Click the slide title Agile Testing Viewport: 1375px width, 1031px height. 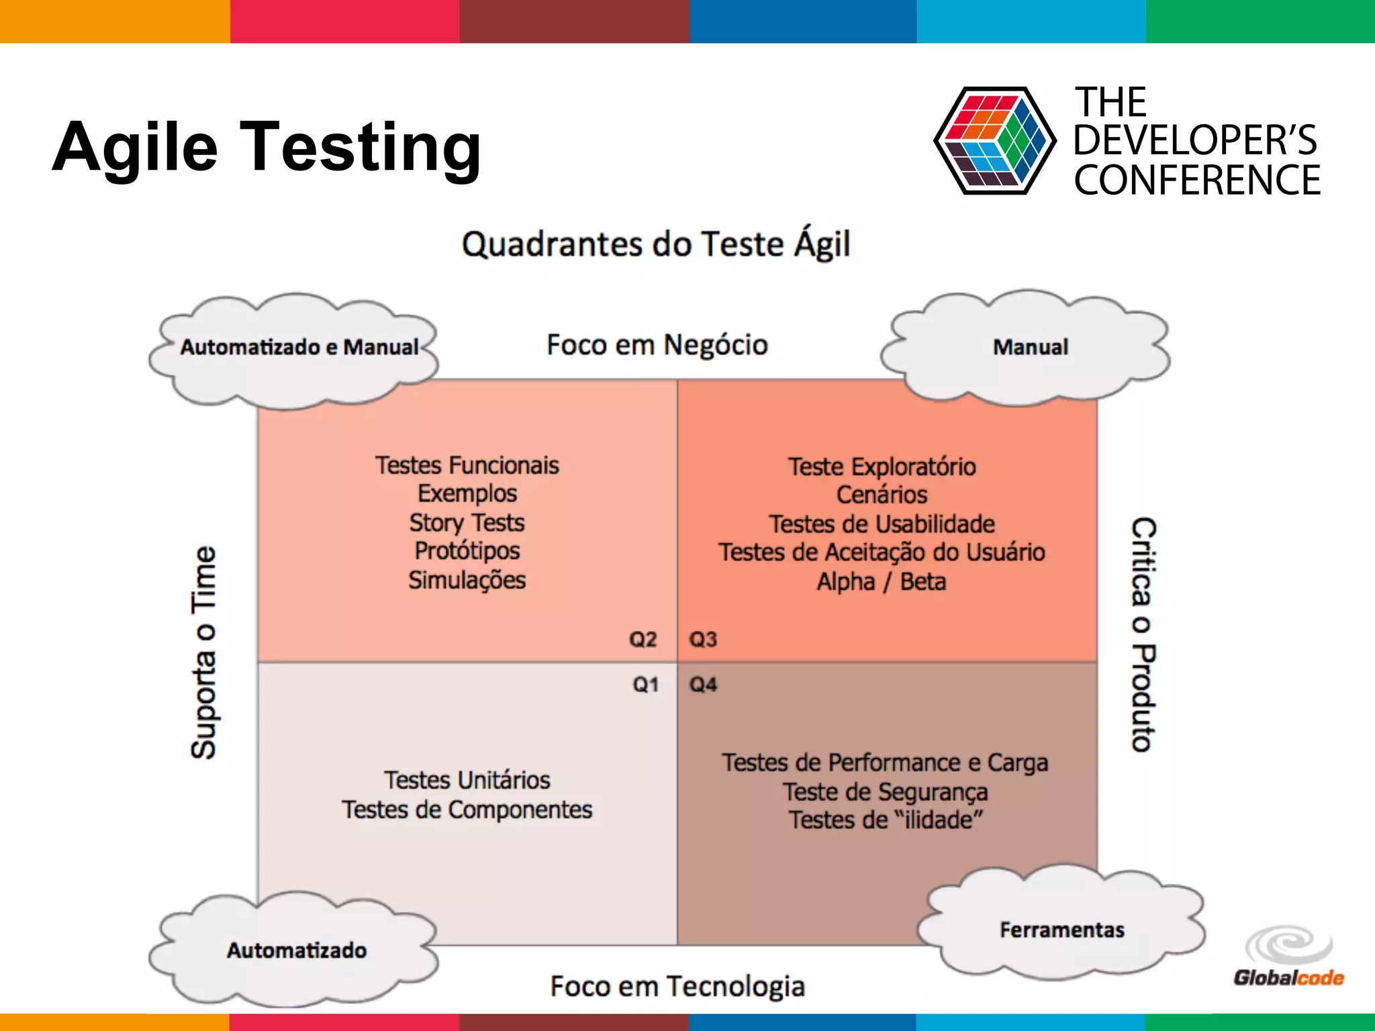coord(267,146)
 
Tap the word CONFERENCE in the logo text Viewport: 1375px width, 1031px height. coord(1196,180)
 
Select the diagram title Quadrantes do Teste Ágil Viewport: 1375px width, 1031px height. coord(656,244)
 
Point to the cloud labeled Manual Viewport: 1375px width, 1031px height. coord(1029,348)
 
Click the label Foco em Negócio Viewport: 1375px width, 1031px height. coord(657,345)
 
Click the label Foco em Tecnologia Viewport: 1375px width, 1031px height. coord(677,986)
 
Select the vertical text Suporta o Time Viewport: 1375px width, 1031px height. coord(203,652)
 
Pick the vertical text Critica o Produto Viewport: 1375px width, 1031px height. coord(1143,634)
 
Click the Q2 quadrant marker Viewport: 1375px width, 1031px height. coord(643,639)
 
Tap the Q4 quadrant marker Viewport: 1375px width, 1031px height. coord(703,685)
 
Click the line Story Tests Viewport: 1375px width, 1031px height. coord(467,522)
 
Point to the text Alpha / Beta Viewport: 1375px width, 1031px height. coord(881,581)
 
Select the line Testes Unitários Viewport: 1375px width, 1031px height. coord(467,780)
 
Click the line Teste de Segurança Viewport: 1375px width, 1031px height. coord(885,792)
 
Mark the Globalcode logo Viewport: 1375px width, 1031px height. coord(1288,959)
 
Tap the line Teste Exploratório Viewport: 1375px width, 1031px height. coord(882,467)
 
